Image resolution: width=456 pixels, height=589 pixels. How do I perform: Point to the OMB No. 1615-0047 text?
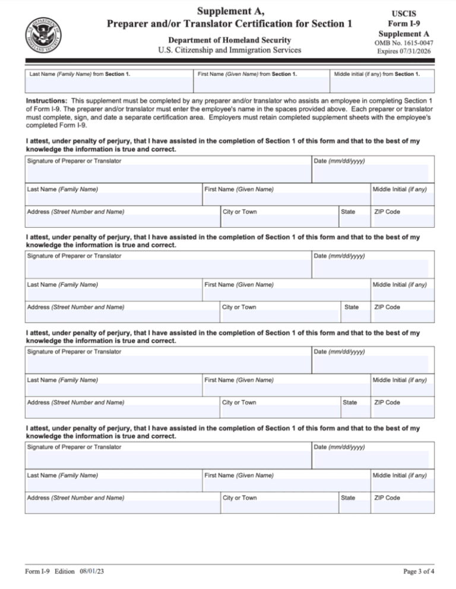[403, 43]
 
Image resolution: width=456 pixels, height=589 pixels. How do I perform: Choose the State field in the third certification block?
[353, 412]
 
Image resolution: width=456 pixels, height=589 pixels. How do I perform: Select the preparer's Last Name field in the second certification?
[113, 294]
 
